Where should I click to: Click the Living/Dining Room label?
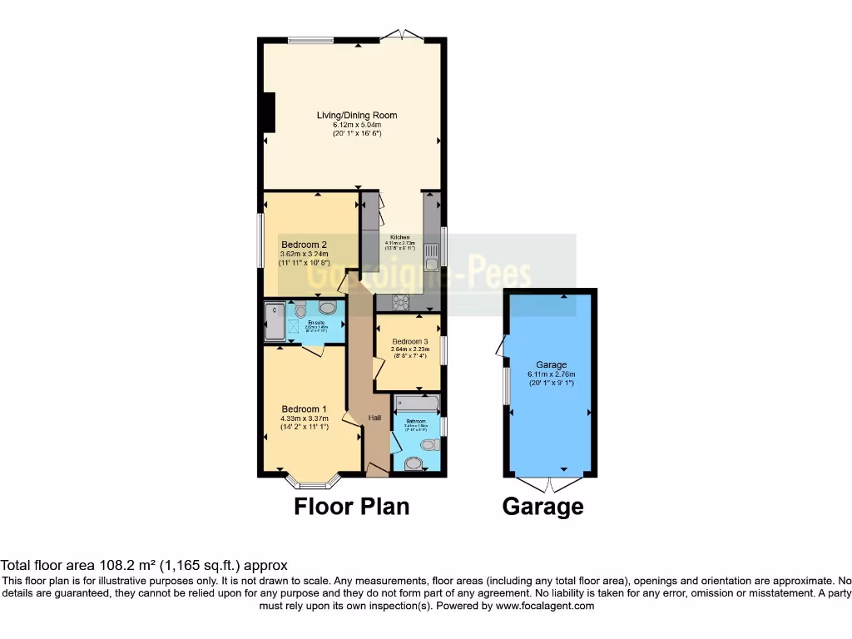click(x=356, y=115)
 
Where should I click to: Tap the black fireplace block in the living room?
click(x=269, y=112)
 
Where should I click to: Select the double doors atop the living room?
click(x=402, y=35)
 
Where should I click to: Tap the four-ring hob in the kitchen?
click(x=400, y=302)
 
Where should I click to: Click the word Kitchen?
click(x=399, y=237)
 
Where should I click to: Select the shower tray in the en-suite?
click(x=274, y=321)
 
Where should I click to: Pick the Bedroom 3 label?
click(x=409, y=342)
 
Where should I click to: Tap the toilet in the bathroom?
click(x=429, y=445)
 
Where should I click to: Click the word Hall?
click(x=375, y=417)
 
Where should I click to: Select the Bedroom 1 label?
click(x=304, y=409)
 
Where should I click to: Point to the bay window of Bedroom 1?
click(x=313, y=482)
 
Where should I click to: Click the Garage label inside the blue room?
click(x=551, y=364)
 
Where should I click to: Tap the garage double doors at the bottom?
click(x=549, y=483)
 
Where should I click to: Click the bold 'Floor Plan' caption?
click(x=351, y=506)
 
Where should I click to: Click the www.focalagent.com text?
click(x=544, y=606)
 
